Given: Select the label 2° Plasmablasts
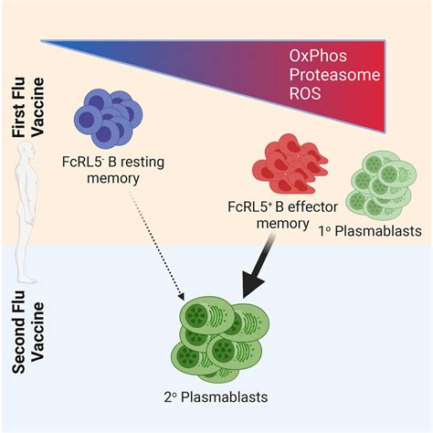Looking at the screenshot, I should pos(216,396).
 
